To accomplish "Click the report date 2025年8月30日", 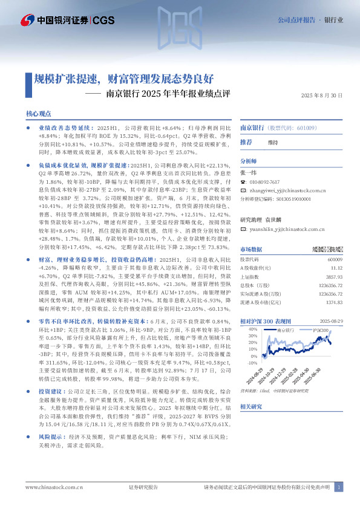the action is coord(321,96).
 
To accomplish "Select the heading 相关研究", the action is coord(252,407).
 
